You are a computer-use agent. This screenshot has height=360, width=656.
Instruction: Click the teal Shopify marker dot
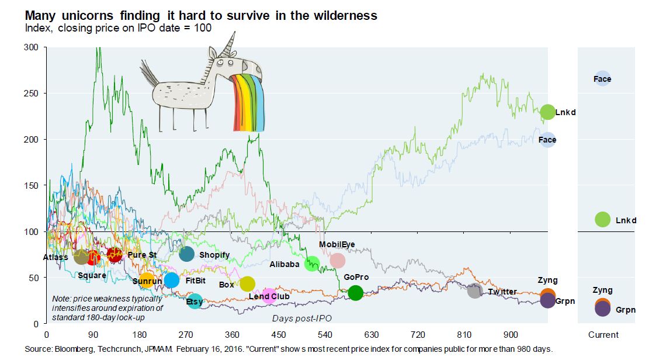(186, 254)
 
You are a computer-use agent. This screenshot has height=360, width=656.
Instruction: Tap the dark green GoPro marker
(355, 293)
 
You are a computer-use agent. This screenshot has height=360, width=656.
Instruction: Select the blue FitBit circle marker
(171, 281)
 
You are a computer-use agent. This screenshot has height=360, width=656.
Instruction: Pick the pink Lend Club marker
(269, 296)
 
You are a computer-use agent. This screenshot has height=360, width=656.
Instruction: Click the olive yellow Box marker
(248, 284)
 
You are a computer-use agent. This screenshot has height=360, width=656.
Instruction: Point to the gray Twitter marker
(474, 291)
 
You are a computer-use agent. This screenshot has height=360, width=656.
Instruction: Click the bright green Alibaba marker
(312, 264)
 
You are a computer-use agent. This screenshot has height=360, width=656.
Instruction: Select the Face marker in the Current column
(602, 78)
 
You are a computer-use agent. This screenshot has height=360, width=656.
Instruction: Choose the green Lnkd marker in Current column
(602, 220)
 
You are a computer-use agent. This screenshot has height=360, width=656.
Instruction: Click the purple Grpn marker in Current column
(602, 310)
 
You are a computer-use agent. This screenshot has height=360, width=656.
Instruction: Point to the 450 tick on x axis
(279, 335)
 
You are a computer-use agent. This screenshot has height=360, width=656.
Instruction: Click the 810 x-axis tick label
(464, 335)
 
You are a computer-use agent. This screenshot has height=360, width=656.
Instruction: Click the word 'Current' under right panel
(603, 335)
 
